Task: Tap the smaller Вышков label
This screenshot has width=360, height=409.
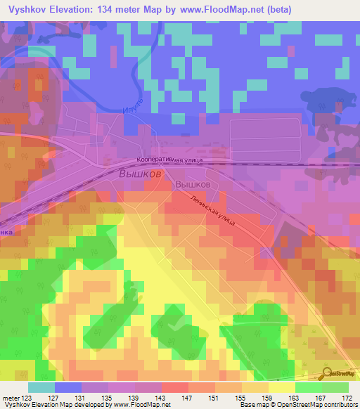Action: (193, 183)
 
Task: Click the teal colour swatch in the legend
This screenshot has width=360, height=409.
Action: (41, 387)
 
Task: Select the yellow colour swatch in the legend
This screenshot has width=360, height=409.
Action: (282, 387)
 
